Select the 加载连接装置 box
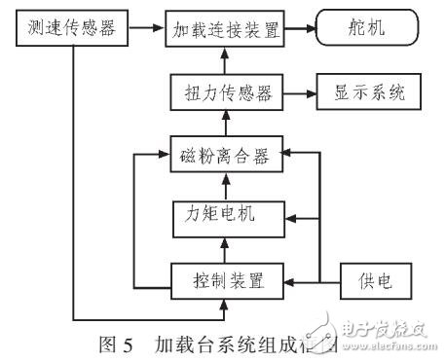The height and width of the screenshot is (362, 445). coord(225,30)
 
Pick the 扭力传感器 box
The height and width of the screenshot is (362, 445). coord(225,94)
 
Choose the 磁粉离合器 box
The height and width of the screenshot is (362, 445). coord(225,154)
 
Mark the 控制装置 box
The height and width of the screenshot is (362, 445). coord(225,281)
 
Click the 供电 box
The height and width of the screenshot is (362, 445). coord(372,281)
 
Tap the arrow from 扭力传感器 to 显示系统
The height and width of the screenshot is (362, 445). coord(300,94)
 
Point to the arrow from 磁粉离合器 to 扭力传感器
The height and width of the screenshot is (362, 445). coord(225,125)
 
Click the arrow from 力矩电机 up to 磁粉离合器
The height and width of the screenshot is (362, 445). coord(225,183)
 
